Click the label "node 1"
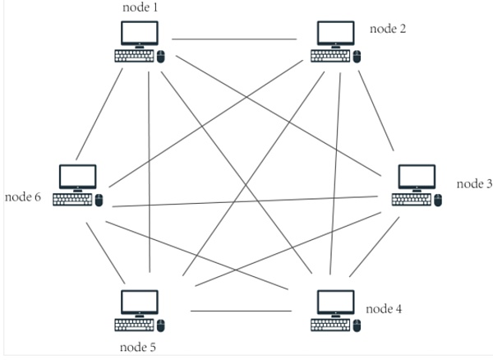[x=140, y=7]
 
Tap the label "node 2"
[x=388, y=29]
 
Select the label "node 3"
[x=474, y=183]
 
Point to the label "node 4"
[x=384, y=309]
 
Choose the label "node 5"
[x=136, y=345]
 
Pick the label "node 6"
[x=23, y=197]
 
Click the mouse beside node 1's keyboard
[x=161, y=57]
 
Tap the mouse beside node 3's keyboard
[x=438, y=201]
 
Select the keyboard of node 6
[x=72, y=200]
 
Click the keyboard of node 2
[x=330, y=56]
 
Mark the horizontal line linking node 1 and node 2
[x=234, y=39]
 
